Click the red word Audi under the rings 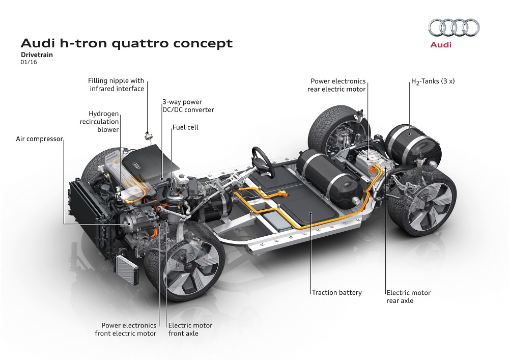[x=441, y=45]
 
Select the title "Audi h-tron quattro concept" [x=126, y=43]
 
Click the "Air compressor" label [x=39, y=139]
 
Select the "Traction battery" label [x=336, y=292]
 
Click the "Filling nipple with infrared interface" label [x=116, y=85]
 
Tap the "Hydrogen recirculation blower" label [x=103, y=122]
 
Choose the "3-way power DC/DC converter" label [x=188, y=106]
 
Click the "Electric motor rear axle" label [x=408, y=296]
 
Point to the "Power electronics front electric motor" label [x=126, y=329]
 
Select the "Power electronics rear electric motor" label [x=336, y=85]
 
